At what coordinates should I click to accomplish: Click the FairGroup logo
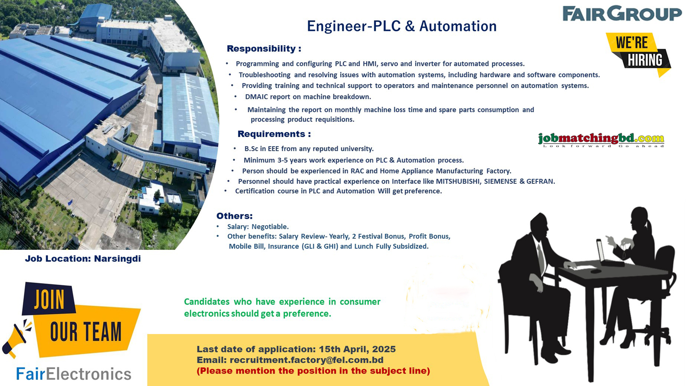pyautogui.click(x=622, y=14)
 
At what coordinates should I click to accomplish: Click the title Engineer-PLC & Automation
pyautogui.click(x=401, y=26)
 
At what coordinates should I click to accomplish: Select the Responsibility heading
pyautogui.click(x=264, y=48)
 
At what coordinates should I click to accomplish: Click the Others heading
pyautogui.click(x=234, y=216)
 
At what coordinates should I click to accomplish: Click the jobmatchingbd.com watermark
pyautogui.click(x=601, y=139)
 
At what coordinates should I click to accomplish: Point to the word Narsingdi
pyautogui.click(x=117, y=259)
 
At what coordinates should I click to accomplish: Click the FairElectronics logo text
pyautogui.click(x=74, y=374)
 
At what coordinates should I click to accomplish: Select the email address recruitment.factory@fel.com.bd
pyautogui.click(x=306, y=360)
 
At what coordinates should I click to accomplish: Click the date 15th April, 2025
pyautogui.click(x=357, y=349)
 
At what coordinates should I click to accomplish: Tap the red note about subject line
pyautogui.click(x=313, y=371)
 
